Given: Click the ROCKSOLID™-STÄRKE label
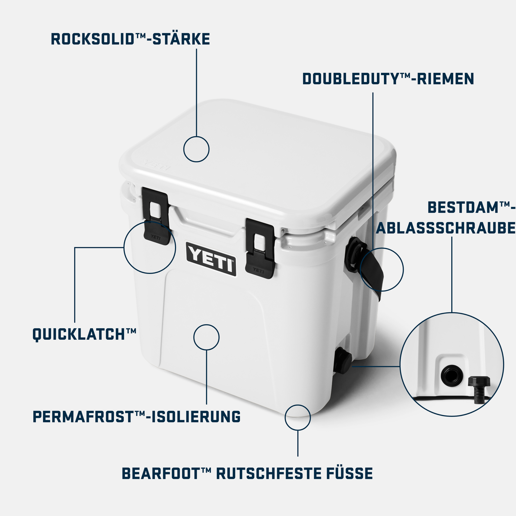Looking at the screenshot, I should tap(130, 39).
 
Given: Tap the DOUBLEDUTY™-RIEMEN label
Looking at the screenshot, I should tap(388, 79).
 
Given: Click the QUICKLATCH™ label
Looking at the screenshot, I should tap(84, 334).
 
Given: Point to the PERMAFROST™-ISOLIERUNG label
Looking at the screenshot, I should tap(137, 417).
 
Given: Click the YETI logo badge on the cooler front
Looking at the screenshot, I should tap(211, 259).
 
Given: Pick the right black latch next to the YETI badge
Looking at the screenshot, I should tap(260, 248).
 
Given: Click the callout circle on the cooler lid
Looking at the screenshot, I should tap(196, 149).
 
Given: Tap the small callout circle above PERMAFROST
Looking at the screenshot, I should tap(206, 337).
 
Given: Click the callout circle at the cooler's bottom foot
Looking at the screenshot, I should tap(298, 417).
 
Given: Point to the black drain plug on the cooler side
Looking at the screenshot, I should tap(342, 360).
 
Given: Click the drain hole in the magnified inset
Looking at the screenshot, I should tap(452, 375).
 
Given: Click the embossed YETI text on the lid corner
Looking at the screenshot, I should tap(157, 164).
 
